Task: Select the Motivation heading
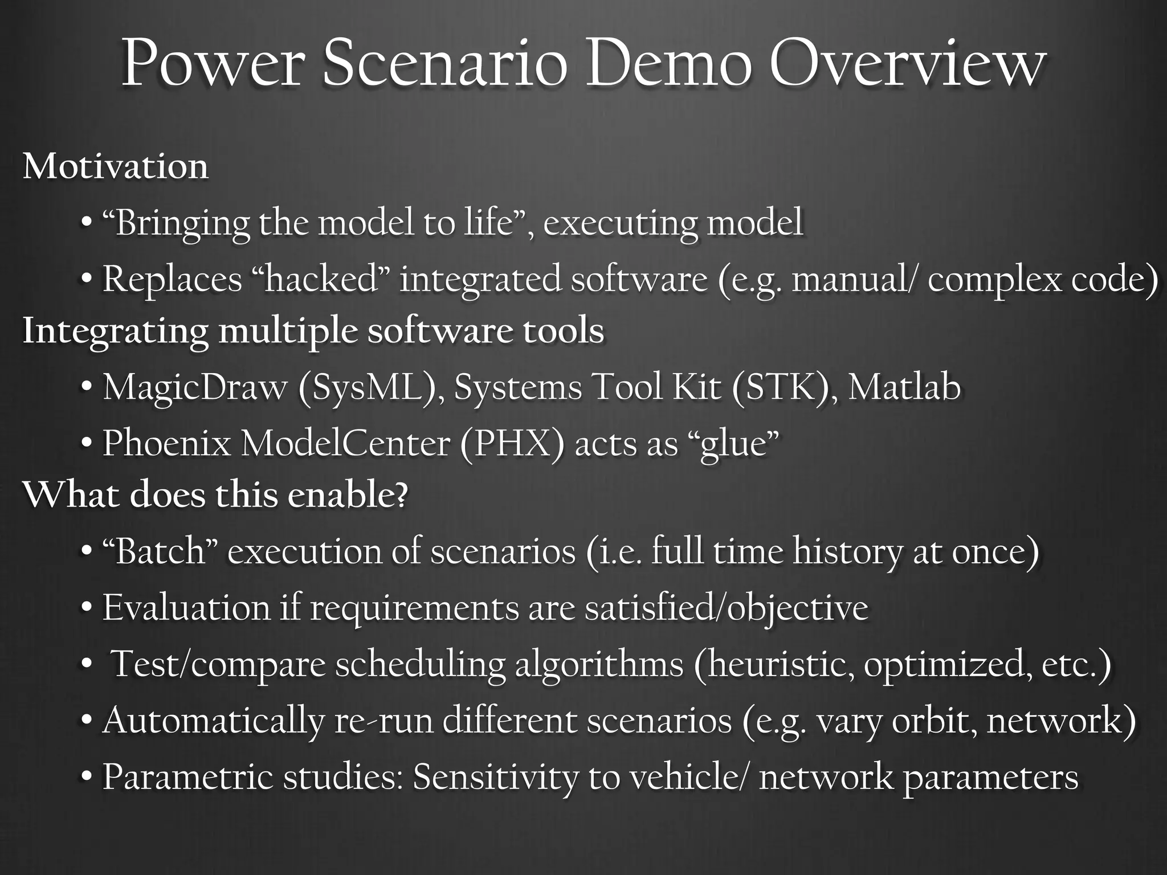[x=116, y=166]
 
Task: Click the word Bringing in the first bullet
[x=182, y=223]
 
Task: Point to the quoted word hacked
[x=322, y=280]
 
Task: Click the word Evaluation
[x=186, y=607]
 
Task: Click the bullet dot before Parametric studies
[x=86, y=776]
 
